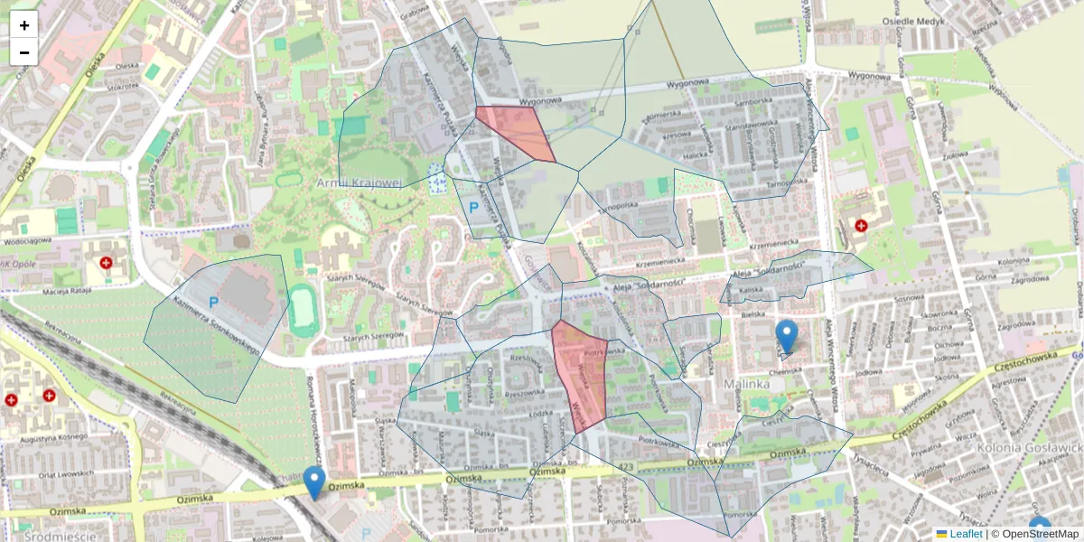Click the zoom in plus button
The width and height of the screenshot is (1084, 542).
pos(24,25)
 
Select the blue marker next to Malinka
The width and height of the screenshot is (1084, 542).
pos(787,336)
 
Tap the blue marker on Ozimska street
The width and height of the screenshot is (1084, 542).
pos(314,482)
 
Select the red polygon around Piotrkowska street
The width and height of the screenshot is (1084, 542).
pos(579,374)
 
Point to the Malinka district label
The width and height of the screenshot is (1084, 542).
pos(746,384)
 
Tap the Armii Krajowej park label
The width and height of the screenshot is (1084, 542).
pos(359,183)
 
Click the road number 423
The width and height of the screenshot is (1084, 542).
pos(627,465)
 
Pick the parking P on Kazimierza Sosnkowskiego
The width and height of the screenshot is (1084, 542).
pos(214,302)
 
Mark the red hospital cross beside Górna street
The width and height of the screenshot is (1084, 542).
pos(861,224)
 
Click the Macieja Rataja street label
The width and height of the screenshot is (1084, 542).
pos(69,291)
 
